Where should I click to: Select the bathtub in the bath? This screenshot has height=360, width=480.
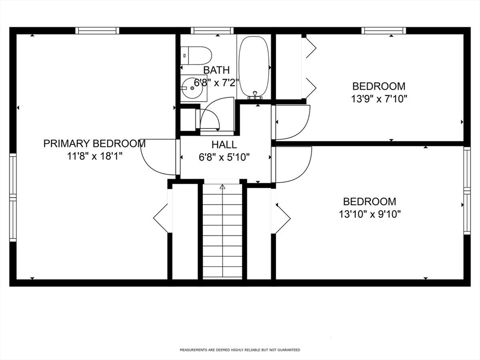(x=254, y=66)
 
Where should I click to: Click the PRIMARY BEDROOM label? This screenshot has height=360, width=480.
(x=94, y=143)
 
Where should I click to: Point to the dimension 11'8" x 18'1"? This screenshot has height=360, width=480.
(x=95, y=156)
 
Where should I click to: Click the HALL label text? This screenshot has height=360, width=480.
(x=224, y=145)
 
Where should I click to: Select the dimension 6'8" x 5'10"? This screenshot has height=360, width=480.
(x=224, y=157)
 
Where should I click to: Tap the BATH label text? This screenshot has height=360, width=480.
(x=216, y=70)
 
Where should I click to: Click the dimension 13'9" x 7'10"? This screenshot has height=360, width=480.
(x=379, y=99)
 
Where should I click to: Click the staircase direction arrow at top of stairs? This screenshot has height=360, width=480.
(x=223, y=187)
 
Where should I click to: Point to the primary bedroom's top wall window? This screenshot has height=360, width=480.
(x=97, y=31)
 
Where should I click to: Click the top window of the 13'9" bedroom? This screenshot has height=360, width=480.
(x=384, y=31)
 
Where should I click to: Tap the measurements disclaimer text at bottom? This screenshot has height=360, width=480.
(x=240, y=350)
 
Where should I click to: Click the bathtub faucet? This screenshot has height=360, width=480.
(x=255, y=96)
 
